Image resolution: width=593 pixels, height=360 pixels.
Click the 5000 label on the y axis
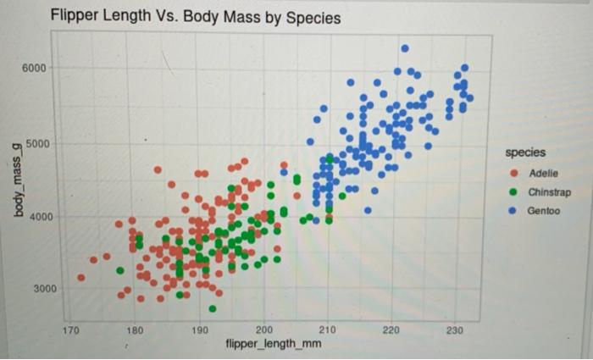[x=36, y=143]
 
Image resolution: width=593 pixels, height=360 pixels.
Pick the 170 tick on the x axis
[x=73, y=330]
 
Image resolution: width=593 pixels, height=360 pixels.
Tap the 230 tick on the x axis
[x=455, y=330]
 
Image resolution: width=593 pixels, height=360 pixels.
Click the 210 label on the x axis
[x=328, y=330]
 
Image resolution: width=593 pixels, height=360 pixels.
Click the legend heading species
[x=525, y=152]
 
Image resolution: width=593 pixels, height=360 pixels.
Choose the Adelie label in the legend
[x=543, y=173]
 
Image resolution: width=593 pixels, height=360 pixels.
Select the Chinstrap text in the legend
[x=549, y=191]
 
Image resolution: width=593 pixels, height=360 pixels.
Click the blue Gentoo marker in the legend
[x=512, y=210]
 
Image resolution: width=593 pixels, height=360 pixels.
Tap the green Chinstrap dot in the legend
[x=512, y=191]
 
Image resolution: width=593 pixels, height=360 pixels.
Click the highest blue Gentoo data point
[x=405, y=48]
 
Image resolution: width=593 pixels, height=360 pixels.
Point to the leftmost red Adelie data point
[x=81, y=277]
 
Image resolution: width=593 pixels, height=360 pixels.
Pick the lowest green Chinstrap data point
[x=213, y=308]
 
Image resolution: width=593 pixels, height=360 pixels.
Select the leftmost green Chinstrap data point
[x=120, y=271]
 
